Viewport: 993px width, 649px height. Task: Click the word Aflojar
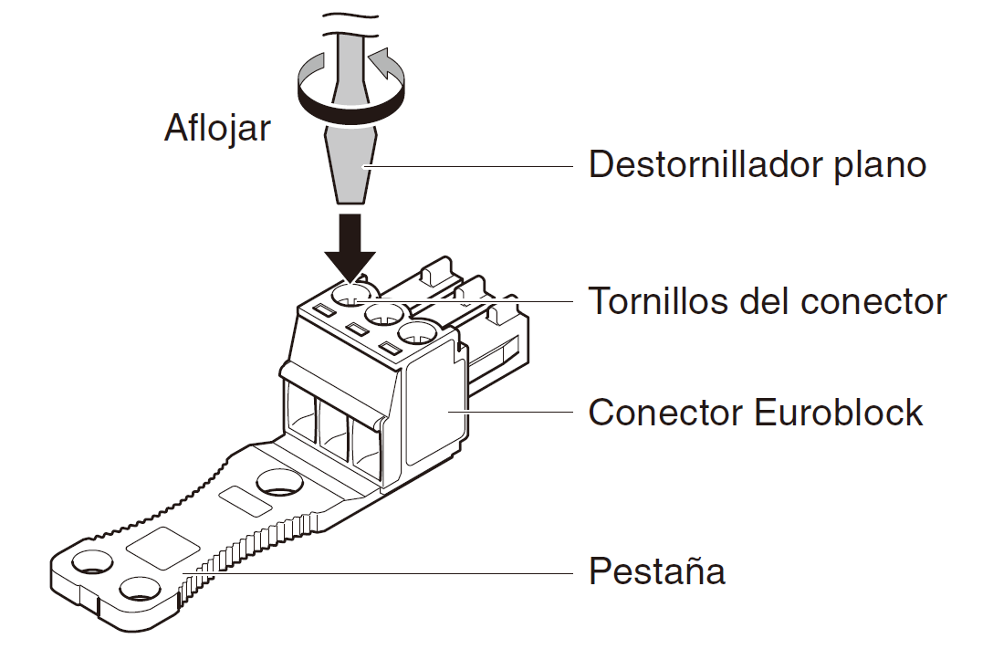point(217,128)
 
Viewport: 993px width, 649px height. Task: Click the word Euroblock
point(839,413)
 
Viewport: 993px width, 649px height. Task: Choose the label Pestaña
point(656,572)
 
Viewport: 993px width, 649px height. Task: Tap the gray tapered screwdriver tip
point(350,164)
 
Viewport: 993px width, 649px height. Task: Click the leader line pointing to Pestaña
point(383,573)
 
